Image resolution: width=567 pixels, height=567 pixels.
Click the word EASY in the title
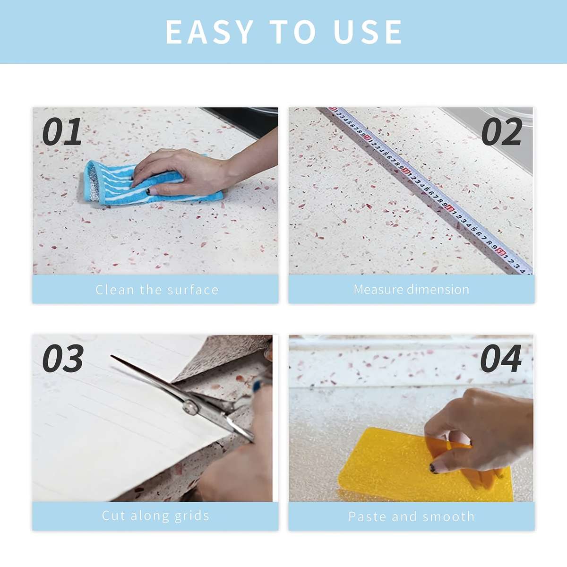click(x=209, y=32)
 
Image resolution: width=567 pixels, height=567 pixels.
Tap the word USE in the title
click(x=367, y=32)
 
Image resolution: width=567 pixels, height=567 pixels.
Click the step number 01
click(x=62, y=131)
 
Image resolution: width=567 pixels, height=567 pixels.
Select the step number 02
click(x=502, y=131)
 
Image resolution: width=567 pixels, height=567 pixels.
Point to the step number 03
click(x=63, y=358)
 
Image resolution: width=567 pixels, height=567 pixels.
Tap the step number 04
click(x=501, y=358)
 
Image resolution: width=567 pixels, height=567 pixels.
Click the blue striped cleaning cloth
click(x=147, y=184)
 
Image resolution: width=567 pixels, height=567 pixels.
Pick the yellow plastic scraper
click(x=424, y=466)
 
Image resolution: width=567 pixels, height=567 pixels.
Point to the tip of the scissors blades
click(x=112, y=356)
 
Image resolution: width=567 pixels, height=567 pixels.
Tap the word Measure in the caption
click(x=378, y=290)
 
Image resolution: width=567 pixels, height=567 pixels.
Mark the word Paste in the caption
click(x=366, y=517)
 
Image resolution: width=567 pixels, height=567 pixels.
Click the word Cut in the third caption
click(x=113, y=516)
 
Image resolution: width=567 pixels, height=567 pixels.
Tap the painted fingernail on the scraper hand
click(x=433, y=468)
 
